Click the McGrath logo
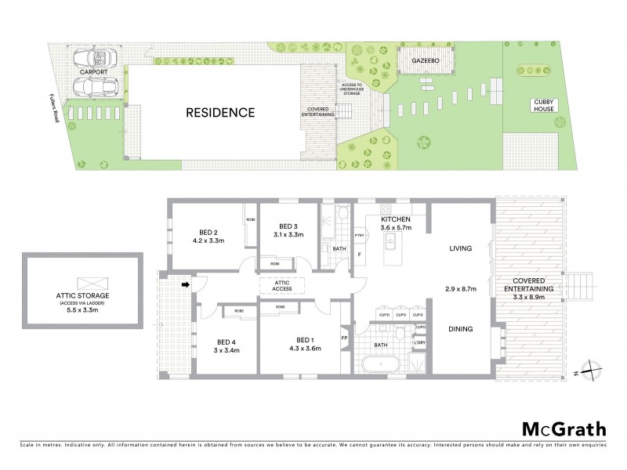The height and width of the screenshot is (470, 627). (564, 428)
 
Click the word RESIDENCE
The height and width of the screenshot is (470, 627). (220, 113)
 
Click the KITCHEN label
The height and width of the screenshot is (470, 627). (394, 219)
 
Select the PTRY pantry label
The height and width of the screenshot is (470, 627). (360, 234)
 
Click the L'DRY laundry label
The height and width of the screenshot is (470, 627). (420, 343)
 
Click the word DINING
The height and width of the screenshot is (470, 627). (461, 329)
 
